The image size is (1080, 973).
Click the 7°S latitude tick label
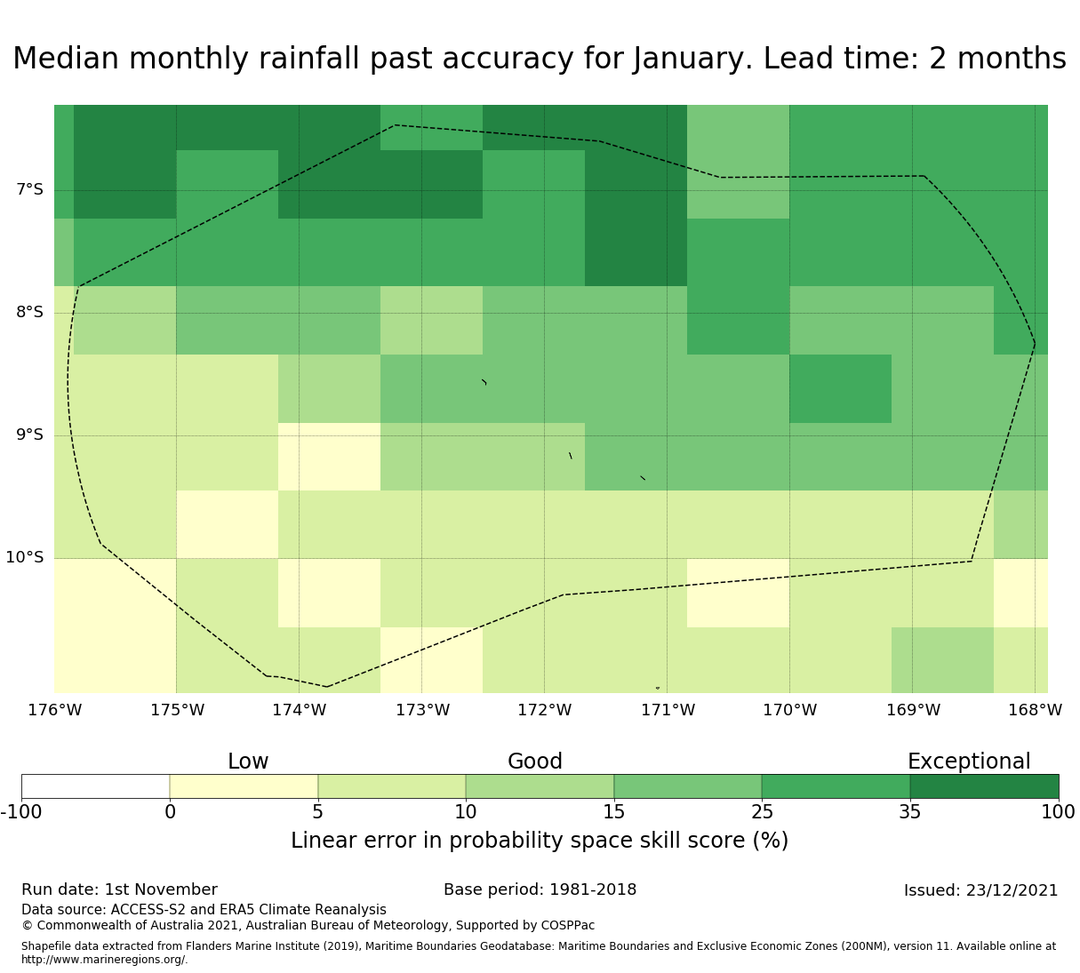29,190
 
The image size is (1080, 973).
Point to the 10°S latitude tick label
25,558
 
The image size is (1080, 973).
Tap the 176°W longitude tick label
54,711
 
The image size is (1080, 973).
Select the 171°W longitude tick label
668,711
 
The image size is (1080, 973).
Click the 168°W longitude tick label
1035,711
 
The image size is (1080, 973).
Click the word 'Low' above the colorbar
248,762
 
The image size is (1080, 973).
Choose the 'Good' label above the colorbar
535,762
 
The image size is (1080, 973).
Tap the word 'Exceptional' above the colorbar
969,762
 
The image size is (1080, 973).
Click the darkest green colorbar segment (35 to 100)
984,786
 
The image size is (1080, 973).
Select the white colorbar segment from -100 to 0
95,786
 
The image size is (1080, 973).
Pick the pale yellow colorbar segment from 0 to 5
244,786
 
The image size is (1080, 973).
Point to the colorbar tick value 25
762,812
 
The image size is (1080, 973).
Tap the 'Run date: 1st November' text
119,890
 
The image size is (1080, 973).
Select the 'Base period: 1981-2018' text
540,890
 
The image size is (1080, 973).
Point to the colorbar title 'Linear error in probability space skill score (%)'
540,841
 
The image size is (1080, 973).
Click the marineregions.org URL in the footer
104,960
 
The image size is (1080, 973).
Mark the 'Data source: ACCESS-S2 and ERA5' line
204,910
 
